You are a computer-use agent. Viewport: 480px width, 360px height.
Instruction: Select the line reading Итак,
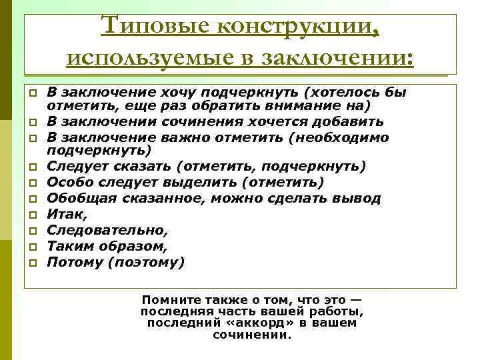(x=65, y=214)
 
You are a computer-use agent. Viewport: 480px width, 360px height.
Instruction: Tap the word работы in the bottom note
(x=339, y=311)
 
